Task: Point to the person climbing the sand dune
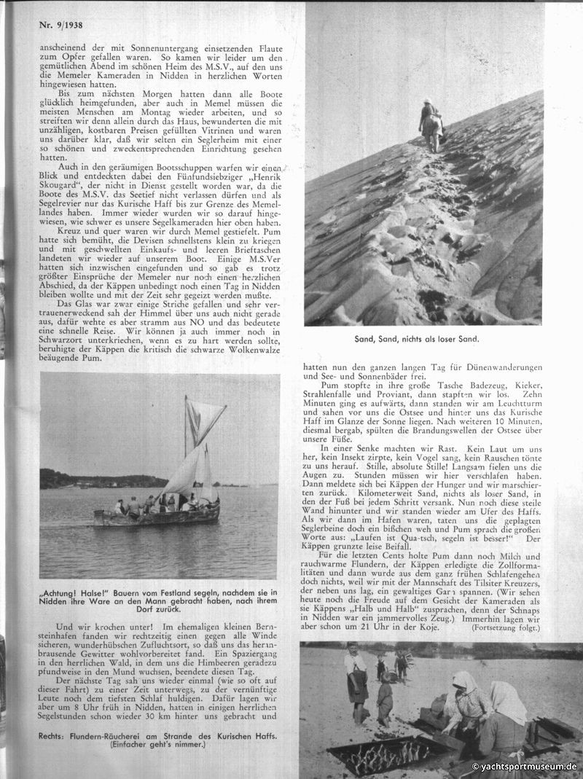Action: (x=431, y=125)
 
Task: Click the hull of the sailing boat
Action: (x=157, y=516)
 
